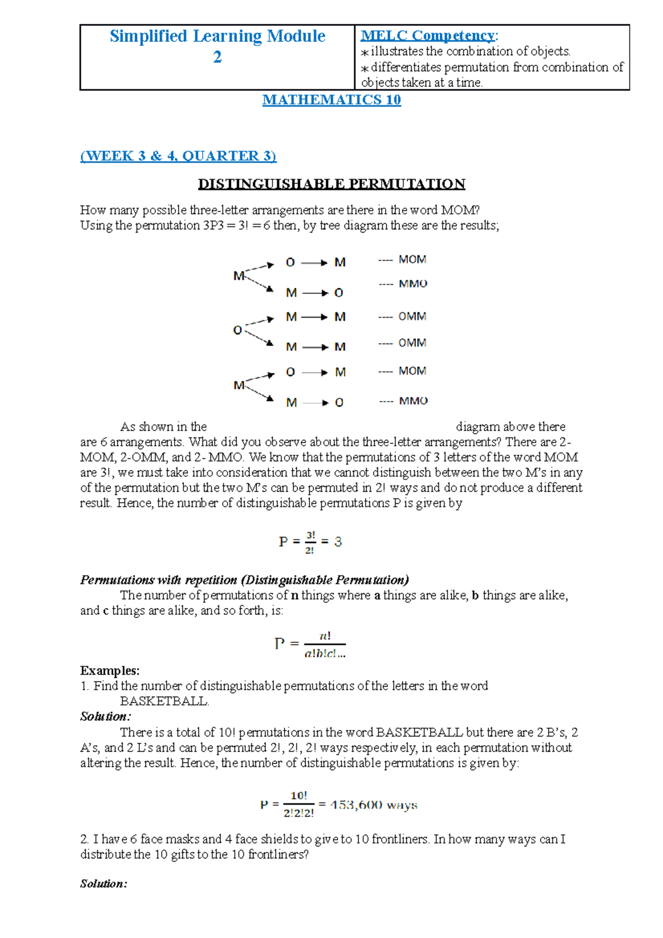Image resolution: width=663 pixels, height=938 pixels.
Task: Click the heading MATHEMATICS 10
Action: pos(331,100)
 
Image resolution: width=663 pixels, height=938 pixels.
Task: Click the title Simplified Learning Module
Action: pos(217,36)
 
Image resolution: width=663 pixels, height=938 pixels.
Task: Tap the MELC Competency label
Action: pos(429,35)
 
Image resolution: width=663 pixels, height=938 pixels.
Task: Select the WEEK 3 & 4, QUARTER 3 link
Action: pos(178,156)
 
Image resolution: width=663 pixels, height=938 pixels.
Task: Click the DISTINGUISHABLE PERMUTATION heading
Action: pos(331,184)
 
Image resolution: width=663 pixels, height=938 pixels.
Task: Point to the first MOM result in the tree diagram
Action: pos(412,260)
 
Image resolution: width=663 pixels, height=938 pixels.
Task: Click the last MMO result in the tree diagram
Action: pos(413,401)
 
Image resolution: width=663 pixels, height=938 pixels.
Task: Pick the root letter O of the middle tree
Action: pos(238,330)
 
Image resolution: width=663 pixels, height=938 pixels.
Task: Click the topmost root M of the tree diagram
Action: pos(238,275)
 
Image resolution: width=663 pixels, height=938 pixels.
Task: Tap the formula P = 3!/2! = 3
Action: pos(310,542)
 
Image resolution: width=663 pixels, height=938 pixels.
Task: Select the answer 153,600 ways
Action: pos(373,805)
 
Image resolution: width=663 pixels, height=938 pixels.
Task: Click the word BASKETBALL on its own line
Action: pos(164,702)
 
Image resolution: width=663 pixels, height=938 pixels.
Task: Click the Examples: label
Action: pos(109,671)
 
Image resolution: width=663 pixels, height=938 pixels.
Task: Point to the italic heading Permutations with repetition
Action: pos(244,580)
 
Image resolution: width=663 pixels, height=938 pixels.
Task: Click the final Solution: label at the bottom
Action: pos(103,884)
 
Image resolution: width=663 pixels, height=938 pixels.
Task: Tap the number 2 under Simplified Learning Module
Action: pos(217,57)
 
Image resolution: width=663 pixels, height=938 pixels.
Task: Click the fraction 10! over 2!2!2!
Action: pos(298,804)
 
